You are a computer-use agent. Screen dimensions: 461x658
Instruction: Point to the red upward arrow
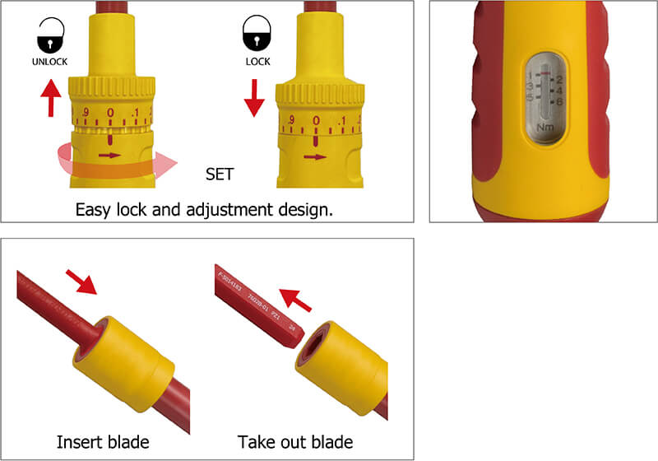point(52,98)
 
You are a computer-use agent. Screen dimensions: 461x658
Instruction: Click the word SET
point(220,175)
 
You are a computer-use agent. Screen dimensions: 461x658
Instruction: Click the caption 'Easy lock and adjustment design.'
point(204,209)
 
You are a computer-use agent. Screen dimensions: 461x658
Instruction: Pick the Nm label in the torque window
point(544,128)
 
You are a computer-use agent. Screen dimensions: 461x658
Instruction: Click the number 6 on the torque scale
point(559,100)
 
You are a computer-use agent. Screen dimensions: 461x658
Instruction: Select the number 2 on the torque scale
point(558,79)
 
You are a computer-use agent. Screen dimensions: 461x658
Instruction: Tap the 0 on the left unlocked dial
point(110,113)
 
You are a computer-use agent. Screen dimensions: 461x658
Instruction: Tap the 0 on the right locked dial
point(316,122)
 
